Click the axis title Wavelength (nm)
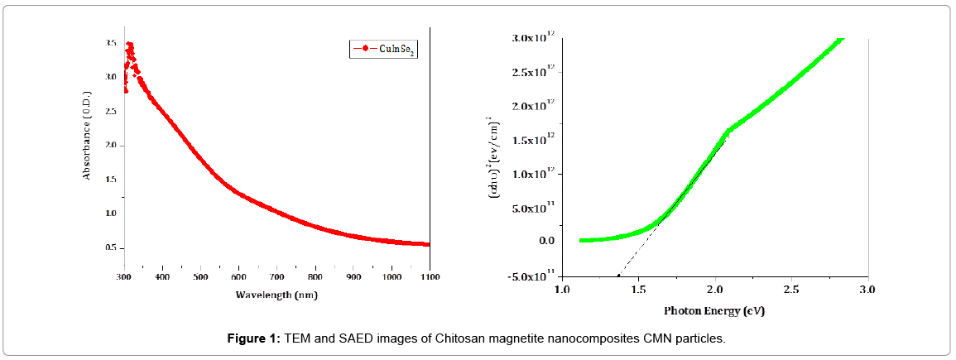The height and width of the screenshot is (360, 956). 276,295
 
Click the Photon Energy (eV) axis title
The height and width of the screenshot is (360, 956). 713,312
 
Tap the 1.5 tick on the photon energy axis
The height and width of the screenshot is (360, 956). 637,290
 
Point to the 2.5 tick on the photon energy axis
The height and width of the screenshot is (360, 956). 790,290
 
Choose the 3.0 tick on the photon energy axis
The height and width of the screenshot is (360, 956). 867,290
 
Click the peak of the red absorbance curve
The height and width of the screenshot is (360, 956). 129,45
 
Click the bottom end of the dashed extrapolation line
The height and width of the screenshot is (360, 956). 618,275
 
